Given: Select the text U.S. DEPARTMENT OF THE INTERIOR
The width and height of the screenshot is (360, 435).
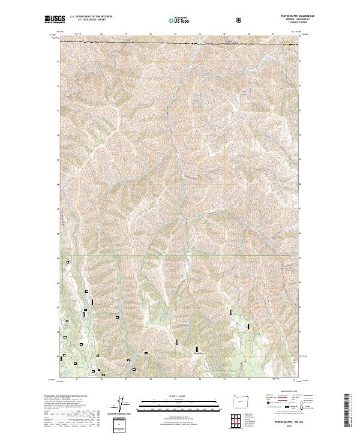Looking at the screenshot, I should (x=90, y=18).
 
